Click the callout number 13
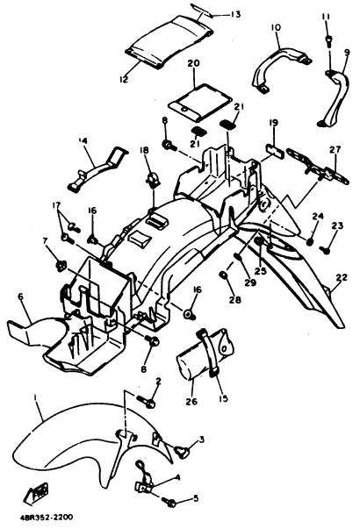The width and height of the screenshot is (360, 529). [235, 14]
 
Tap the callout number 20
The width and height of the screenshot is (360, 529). [193, 63]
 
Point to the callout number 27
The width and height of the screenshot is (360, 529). [336, 149]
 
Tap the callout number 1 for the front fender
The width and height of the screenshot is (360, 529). [35, 397]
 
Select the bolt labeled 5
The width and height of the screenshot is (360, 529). [169, 503]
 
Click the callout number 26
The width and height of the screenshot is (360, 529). [191, 402]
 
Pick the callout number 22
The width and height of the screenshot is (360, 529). [342, 277]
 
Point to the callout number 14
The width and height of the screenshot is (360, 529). [83, 140]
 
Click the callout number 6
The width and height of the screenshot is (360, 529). [20, 297]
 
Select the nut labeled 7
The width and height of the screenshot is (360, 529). [61, 266]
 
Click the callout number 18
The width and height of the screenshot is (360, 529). [144, 150]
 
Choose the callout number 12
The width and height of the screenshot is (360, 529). [124, 79]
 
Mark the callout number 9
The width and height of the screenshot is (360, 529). [347, 53]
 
